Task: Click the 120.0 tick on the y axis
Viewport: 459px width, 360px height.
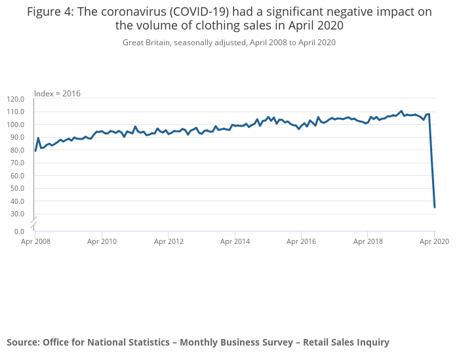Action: click(x=15, y=99)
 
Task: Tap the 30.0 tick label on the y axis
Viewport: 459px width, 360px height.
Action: click(x=17, y=214)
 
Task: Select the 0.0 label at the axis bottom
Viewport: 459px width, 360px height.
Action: click(x=19, y=231)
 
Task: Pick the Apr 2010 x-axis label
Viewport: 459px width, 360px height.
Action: click(x=102, y=241)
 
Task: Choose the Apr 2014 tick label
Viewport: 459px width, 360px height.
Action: click(x=235, y=241)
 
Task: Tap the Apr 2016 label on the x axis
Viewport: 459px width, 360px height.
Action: click(x=301, y=241)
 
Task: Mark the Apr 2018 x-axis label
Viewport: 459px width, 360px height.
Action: click(x=368, y=241)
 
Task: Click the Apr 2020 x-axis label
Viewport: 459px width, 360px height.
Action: click(x=434, y=241)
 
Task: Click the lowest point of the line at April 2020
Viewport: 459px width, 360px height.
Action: click(x=435, y=207)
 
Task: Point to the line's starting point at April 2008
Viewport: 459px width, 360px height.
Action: click(x=35, y=151)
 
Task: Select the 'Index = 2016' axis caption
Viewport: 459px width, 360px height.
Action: click(x=57, y=94)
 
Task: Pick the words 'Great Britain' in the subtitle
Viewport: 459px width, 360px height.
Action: click(x=146, y=43)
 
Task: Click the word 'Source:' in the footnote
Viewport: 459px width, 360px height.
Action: click(x=23, y=342)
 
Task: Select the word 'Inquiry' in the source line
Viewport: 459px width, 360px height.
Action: click(x=370, y=342)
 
